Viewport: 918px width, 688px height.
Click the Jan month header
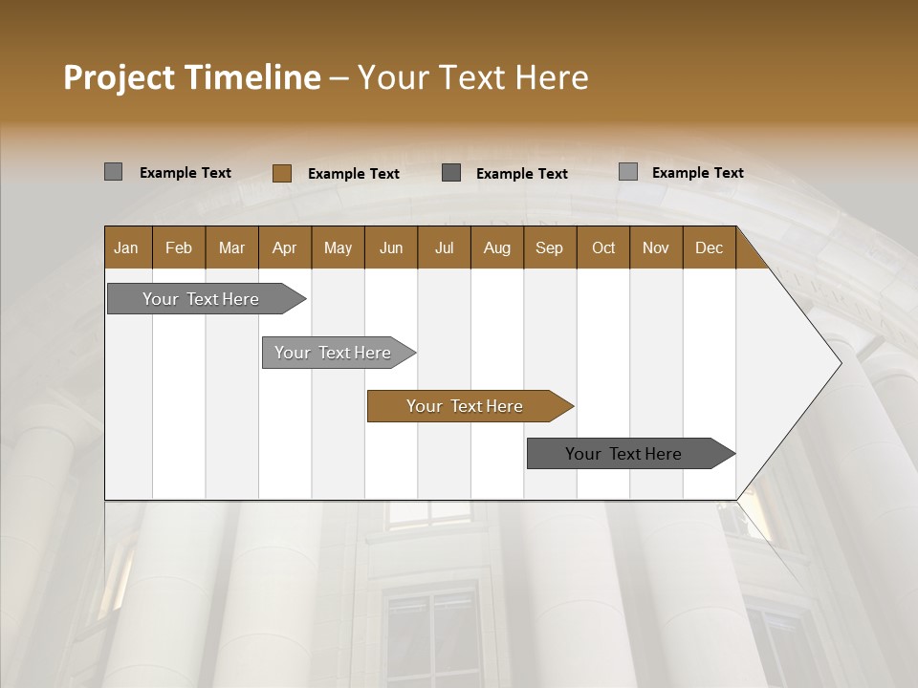126,247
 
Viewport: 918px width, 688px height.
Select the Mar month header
231,247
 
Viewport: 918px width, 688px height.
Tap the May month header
338,247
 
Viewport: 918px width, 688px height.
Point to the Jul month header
444,247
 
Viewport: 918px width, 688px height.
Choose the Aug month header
496,247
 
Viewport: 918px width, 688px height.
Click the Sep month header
549,247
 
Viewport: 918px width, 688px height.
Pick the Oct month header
603,247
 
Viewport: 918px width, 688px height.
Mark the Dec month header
709,247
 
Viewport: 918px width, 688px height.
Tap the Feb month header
179,247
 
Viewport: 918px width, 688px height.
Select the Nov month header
655,247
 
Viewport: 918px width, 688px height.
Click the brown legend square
282,173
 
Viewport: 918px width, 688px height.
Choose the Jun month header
390,247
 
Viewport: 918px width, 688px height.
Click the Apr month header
284,247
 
